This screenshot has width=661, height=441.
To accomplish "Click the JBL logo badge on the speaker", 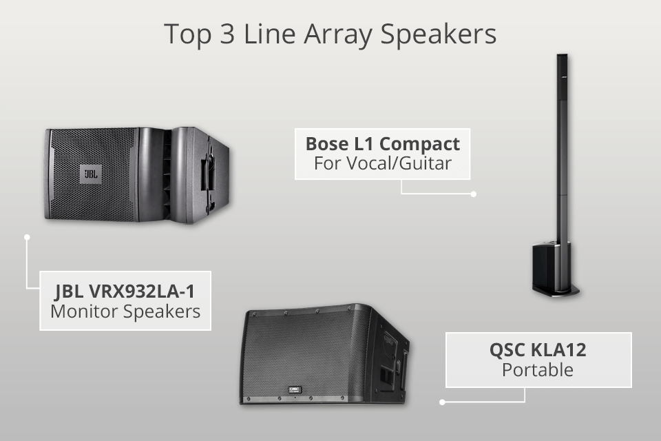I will tap(90, 172).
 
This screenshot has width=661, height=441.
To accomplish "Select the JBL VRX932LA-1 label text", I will tap(125, 288).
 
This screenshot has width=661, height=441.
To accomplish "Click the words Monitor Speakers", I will tap(125, 311).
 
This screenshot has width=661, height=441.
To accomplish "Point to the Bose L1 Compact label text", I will tap(382, 144).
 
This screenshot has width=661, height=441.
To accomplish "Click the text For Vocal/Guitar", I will tap(382, 164).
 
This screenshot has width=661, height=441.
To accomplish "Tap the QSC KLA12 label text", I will tap(538, 349).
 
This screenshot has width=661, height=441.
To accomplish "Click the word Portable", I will tap(538, 370).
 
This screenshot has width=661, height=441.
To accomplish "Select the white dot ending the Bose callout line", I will tap(474, 194).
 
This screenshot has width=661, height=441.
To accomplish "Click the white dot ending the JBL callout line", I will tap(27, 237).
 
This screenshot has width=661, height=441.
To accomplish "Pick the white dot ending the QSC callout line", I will tap(442, 401).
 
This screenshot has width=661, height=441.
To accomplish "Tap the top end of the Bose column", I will tap(563, 59).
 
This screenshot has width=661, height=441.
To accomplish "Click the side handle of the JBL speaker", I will tap(204, 173).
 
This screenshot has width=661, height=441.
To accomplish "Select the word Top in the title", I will tap(184, 34).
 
